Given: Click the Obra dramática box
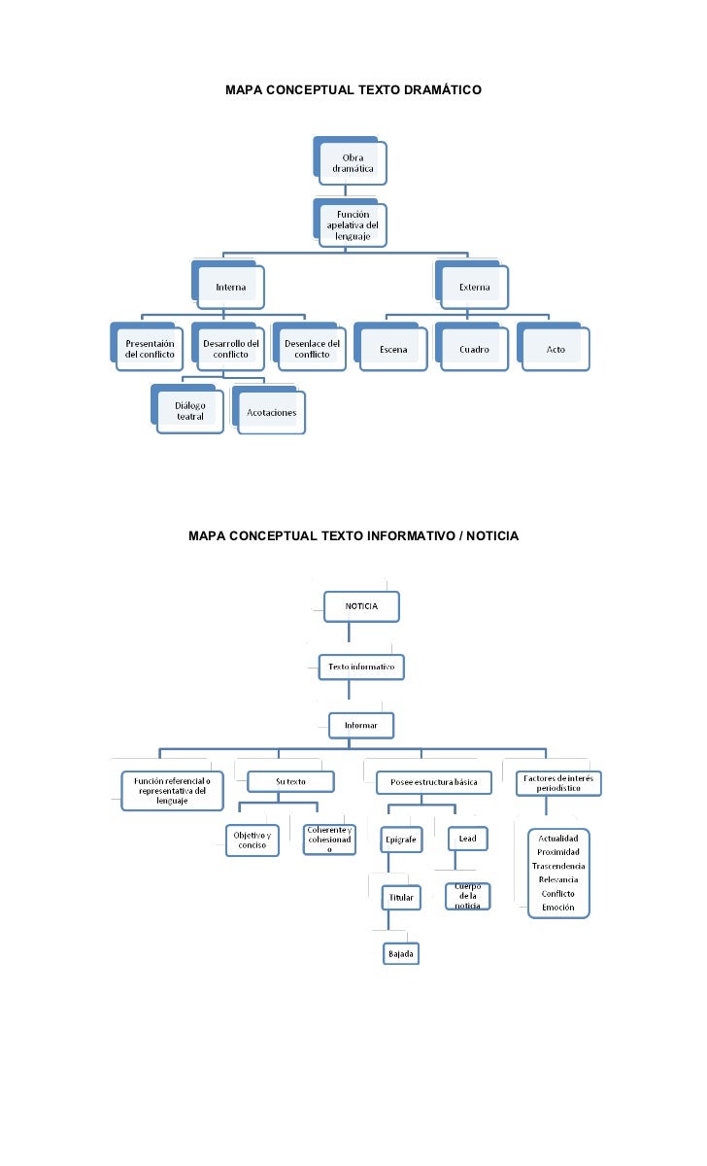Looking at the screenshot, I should (353, 163).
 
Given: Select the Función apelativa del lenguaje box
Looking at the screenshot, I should (353, 225).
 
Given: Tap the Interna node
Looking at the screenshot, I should (230, 287).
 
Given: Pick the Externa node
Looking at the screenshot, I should (474, 287).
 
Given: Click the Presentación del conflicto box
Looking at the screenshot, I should (150, 349).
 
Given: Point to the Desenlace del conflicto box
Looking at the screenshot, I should (312, 349).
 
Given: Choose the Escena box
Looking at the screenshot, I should (392, 349).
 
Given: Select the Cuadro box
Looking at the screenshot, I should (474, 349).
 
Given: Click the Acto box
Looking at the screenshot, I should (555, 349).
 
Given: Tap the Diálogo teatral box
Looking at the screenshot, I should (190, 411).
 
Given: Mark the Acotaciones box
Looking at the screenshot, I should (272, 412).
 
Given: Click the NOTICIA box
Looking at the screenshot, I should (361, 606).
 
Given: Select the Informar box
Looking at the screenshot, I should (361, 725).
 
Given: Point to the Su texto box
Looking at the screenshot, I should (290, 781).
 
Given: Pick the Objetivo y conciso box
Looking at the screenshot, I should (252, 840).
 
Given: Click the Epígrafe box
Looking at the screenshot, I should (401, 839).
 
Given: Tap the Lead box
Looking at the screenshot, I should (467, 839).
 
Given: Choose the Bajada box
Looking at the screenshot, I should (401, 953).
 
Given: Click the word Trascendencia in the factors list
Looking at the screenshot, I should (558, 866).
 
